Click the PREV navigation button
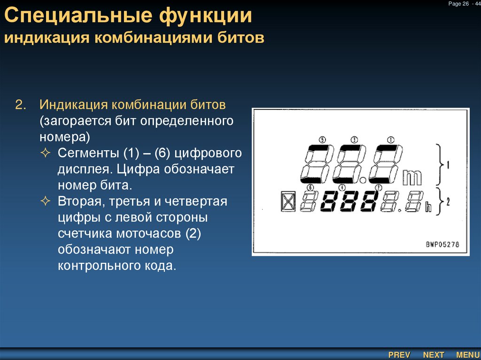399,355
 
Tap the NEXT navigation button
434,355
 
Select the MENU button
467,355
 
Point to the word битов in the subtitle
240,38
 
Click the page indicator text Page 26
459,4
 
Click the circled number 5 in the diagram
322,139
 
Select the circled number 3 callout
354,139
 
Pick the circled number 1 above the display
390,139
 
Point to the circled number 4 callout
341,187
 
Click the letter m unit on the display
412,176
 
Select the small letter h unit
428,208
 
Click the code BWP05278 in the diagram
442,245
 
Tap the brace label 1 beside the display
448,165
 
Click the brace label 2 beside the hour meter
448,202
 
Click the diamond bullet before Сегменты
46,153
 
